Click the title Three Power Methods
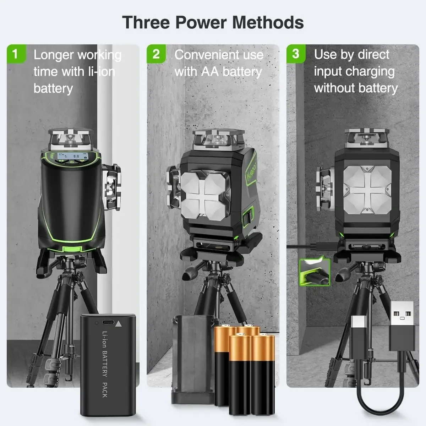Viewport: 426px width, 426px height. (213, 22)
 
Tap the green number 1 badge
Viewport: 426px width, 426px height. (15, 54)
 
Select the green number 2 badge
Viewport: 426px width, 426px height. (156, 54)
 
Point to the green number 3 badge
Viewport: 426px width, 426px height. (296, 54)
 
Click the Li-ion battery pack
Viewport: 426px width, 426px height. (108, 364)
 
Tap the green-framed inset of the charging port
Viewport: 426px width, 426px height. (315, 272)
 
